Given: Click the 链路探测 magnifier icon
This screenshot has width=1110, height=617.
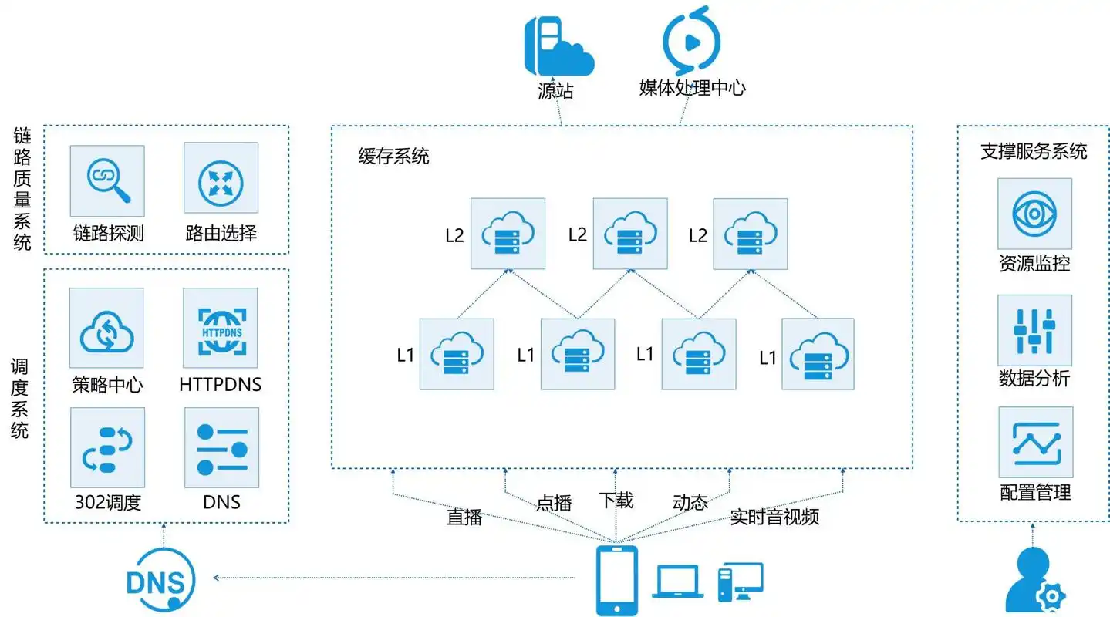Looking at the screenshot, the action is pyautogui.click(x=106, y=180).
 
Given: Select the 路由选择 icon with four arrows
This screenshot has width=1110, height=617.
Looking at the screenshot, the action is pyautogui.click(x=221, y=180).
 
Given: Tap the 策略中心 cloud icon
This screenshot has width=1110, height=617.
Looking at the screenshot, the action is pyautogui.click(x=106, y=328).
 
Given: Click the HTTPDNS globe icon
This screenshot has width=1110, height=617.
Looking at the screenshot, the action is pyautogui.click(x=221, y=328).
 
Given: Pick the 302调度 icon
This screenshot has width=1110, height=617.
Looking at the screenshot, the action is pyautogui.click(x=106, y=447).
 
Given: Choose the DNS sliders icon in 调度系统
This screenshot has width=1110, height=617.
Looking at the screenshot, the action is pyautogui.click(x=221, y=447).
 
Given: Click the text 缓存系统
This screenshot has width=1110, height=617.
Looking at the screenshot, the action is pyautogui.click(x=393, y=157).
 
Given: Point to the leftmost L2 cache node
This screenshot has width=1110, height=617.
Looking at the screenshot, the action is pyautogui.click(x=508, y=234).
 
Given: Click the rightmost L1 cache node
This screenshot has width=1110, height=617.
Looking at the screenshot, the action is pyautogui.click(x=818, y=353).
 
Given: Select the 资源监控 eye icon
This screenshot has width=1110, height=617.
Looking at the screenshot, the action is pyautogui.click(x=1034, y=214).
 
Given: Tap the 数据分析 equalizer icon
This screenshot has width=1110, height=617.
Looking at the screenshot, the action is pyautogui.click(x=1034, y=330).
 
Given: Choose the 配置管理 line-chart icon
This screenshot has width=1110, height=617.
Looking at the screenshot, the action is pyautogui.click(x=1034, y=443).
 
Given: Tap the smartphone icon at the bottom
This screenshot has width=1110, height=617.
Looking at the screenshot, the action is pyautogui.click(x=617, y=580).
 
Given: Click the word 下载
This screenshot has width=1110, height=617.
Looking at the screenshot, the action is pyautogui.click(x=616, y=501).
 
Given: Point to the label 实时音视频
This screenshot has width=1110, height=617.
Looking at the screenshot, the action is pyautogui.click(x=774, y=518).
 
